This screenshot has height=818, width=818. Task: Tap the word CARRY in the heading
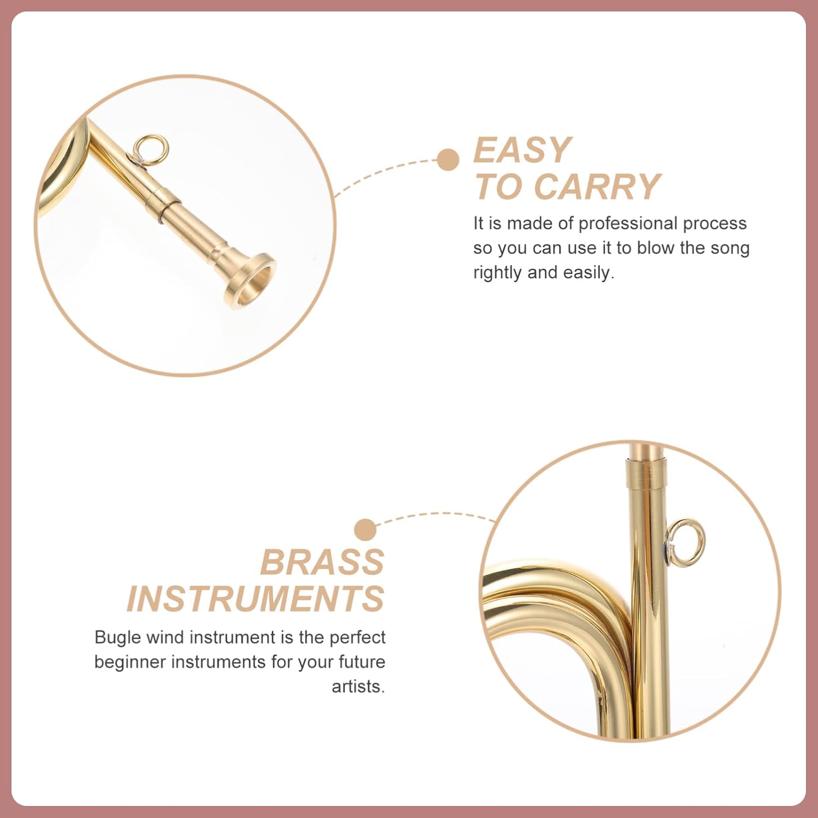click(597, 187)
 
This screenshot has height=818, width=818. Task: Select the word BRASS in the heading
click(322, 562)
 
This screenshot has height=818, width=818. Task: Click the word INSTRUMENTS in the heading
click(256, 598)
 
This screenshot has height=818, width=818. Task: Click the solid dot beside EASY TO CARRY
click(448, 160)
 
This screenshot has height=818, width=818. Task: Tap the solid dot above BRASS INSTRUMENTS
click(365, 530)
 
